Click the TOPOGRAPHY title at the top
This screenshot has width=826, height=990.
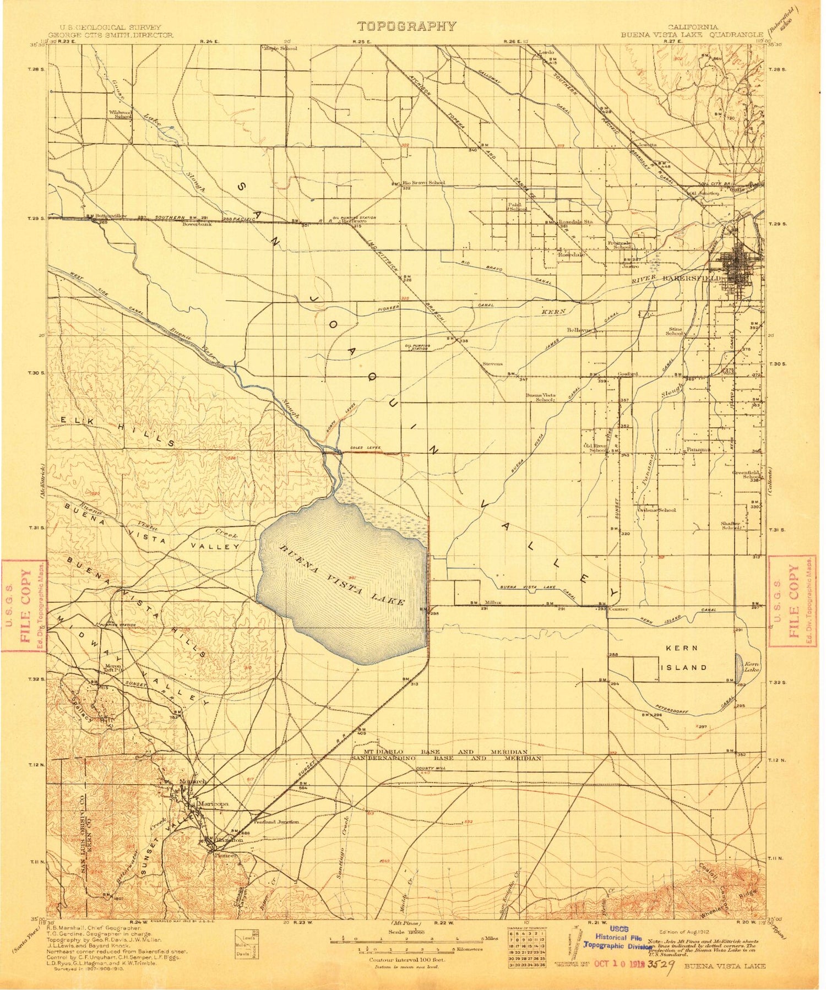(406, 26)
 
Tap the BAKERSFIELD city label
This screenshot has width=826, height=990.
(699, 279)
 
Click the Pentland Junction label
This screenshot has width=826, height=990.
(276, 822)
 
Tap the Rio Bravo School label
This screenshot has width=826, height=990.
(423, 182)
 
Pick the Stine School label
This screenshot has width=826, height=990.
(675, 331)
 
